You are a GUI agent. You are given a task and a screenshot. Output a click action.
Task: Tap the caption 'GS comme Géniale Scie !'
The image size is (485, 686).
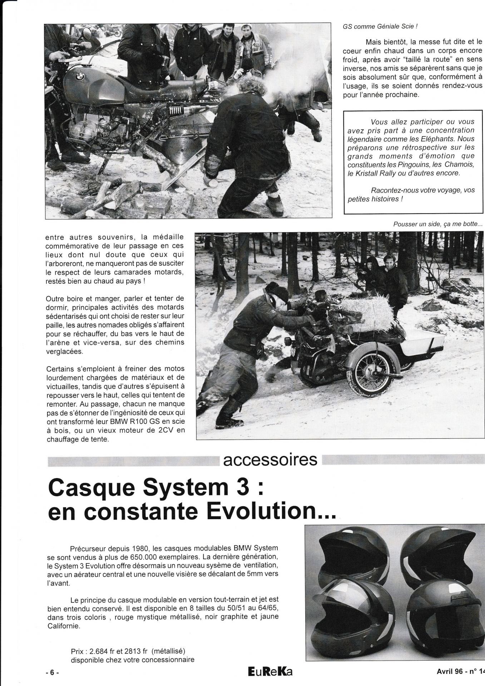pos(380,26)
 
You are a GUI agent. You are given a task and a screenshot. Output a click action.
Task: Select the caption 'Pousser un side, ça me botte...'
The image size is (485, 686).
pos(438,224)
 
